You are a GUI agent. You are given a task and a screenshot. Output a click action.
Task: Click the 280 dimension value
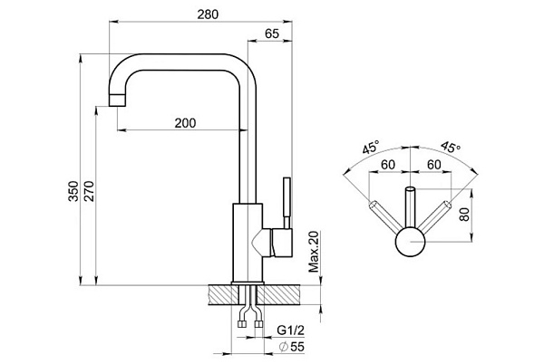208,14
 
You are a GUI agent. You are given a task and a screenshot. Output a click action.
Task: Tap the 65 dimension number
272,34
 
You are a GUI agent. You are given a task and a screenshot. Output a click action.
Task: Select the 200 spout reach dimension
185,123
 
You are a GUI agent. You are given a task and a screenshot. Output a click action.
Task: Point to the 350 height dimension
73,191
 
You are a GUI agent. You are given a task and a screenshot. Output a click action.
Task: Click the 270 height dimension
89,191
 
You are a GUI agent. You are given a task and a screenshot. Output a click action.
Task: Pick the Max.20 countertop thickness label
314,252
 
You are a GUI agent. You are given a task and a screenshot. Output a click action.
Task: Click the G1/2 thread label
291,330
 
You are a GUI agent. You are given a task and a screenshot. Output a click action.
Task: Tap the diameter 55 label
292,347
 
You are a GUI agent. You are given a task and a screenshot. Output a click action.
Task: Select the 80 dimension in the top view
464,215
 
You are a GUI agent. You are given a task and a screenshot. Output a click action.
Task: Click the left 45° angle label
371,148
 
